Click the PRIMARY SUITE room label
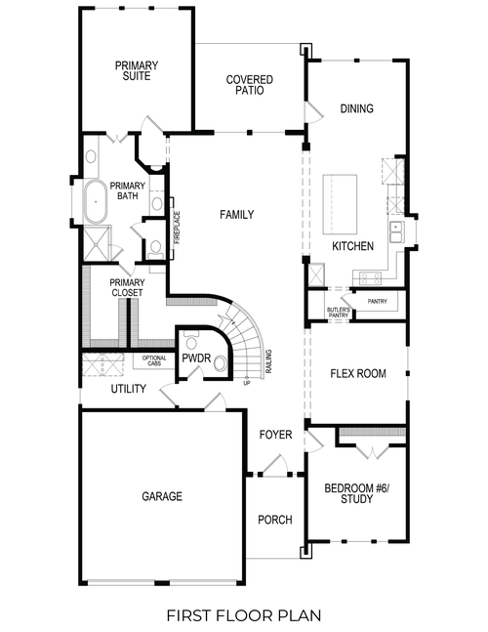pyautogui.click(x=137, y=71)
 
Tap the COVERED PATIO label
pyautogui.click(x=249, y=85)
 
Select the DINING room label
pyautogui.click(x=356, y=108)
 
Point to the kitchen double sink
pyautogui.click(x=397, y=231)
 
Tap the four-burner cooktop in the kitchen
pyautogui.click(x=370, y=277)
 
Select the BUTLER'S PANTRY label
pyautogui.click(x=338, y=313)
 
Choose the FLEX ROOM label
pyautogui.click(x=358, y=373)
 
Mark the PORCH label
pyautogui.click(x=275, y=520)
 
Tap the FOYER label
pyautogui.click(x=275, y=434)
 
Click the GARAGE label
pyautogui.click(x=162, y=496)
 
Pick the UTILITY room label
pyautogui.click(x=128, y=389)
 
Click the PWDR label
pyautogui.click(x=193, y=359)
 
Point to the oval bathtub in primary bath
pyautogui.click(x=95, y=203)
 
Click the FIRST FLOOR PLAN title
pyautogui.click(x=243, y=615)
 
